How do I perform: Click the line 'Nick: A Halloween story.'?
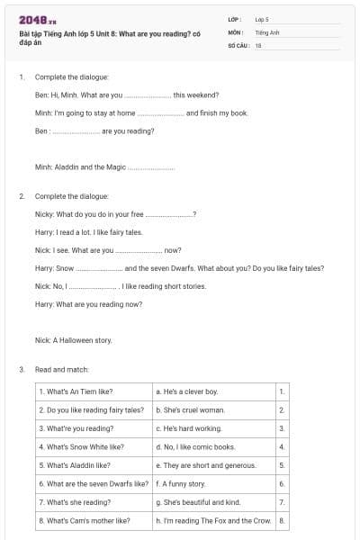click(x=73, y=340)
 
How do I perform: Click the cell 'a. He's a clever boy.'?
click(x=186, y=391)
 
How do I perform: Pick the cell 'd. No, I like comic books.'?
click(x=195, y=446)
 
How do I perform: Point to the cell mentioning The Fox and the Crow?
click(x=212, y=520)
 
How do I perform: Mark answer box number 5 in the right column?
click(x=282, y=465)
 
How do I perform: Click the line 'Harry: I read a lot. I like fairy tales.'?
click(x=91, y=232)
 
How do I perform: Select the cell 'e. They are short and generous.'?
click(x=205, y=465)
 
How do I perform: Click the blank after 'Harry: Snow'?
click(x=99, y=268)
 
